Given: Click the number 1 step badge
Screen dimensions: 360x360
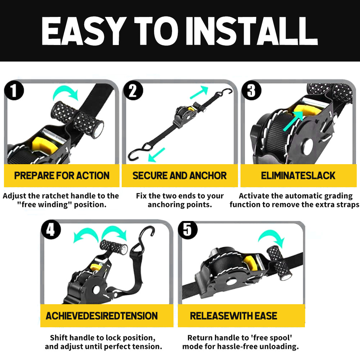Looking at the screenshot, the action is (14, 90).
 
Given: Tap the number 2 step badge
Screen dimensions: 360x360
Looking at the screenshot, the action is (133, 90).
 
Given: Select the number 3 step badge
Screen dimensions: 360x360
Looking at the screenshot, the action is (251, 90).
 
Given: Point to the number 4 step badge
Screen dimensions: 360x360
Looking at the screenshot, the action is (51, 229).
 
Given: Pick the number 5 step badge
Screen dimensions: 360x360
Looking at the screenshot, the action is (188, 230).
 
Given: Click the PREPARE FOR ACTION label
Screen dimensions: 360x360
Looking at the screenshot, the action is (62, 176).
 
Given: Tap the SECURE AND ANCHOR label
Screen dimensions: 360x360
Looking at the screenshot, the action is (180, 176).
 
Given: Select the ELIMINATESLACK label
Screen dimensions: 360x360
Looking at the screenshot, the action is (298, 176).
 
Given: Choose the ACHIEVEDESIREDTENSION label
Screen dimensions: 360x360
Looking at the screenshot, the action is (102, 316).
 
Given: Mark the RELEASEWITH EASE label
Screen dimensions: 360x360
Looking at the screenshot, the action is (234, 316).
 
